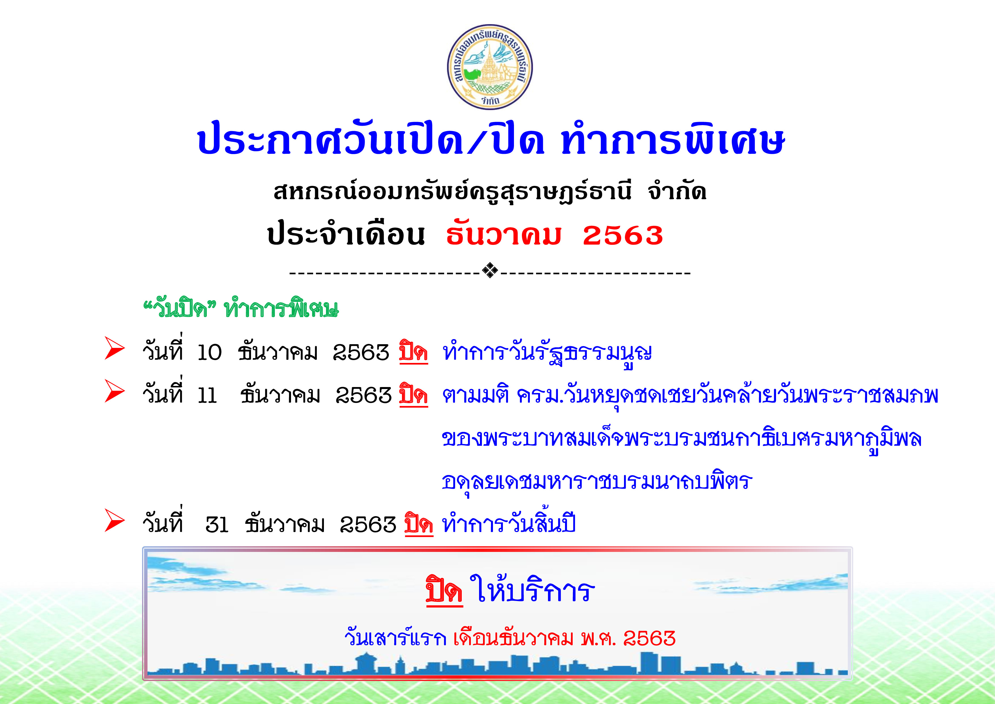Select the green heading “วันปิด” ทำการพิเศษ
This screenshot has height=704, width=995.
[241, 308]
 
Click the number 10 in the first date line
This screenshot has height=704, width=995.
[209, 353]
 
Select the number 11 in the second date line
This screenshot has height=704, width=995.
[207, 396]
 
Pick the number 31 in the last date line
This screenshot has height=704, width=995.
[217, 525]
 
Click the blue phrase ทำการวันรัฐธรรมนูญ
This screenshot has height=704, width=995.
[547, 355]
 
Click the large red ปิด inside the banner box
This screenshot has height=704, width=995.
[444, 590]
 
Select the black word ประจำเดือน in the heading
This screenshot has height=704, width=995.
[346, 234]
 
